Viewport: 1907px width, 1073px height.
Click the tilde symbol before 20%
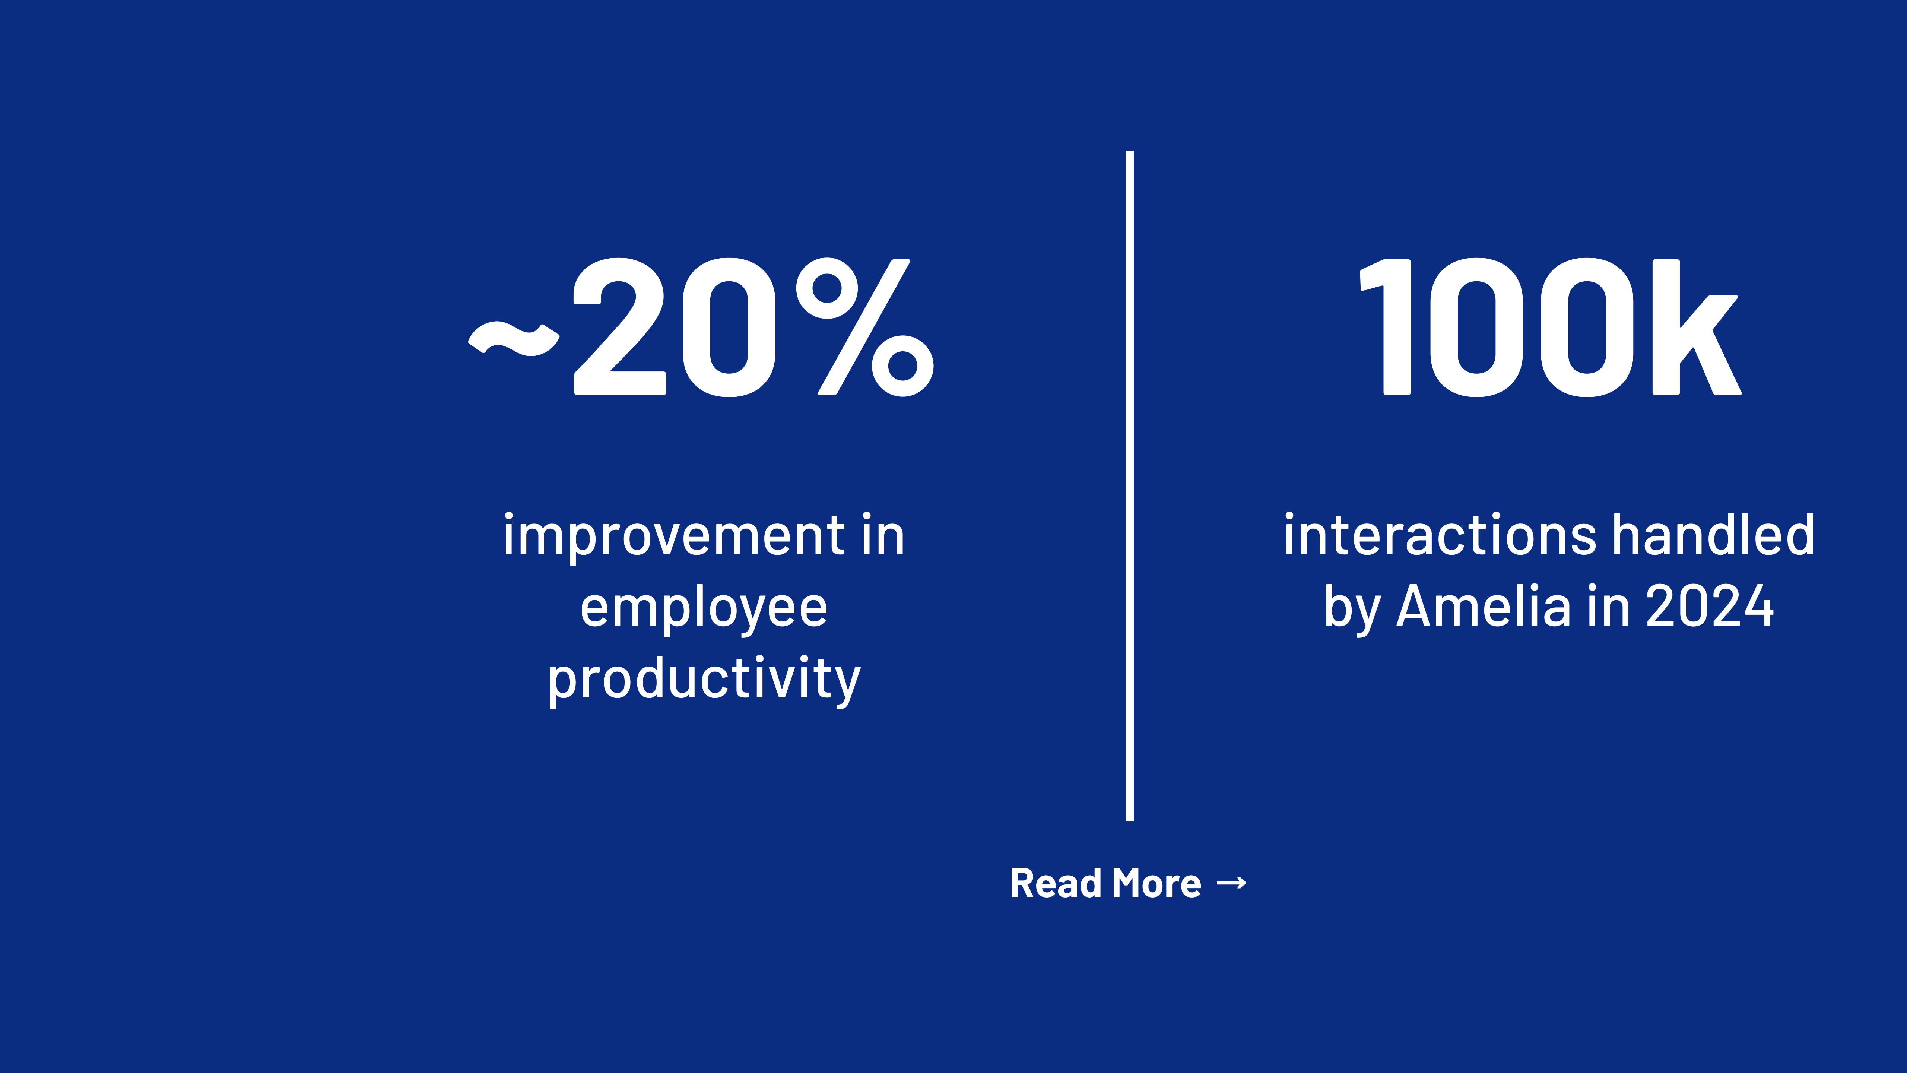(514, 339)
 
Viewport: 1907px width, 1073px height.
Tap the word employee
(703, 609)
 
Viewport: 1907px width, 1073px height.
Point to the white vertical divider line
(1130, 485)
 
